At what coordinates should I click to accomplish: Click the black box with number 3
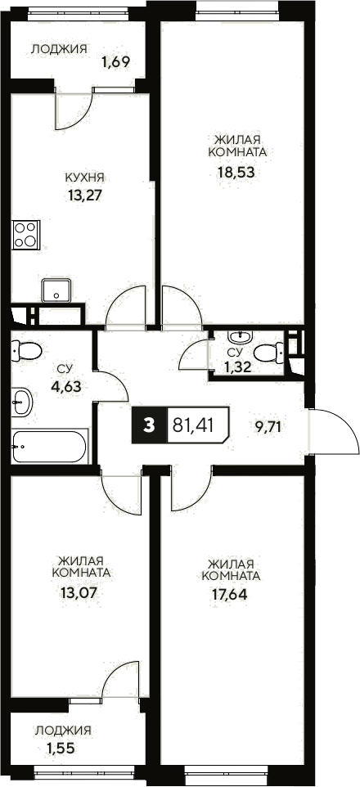pos(148,425)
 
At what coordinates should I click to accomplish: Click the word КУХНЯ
pos(86,177)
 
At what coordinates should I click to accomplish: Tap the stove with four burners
pos(26,235)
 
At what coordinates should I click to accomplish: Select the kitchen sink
pos(57,290)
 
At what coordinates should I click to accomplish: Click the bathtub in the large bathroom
pos(49,447)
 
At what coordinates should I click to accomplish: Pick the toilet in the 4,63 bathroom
pos(28,351)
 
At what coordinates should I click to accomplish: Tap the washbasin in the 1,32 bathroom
pos(238,336)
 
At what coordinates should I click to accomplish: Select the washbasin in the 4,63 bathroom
pos(21,401)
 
